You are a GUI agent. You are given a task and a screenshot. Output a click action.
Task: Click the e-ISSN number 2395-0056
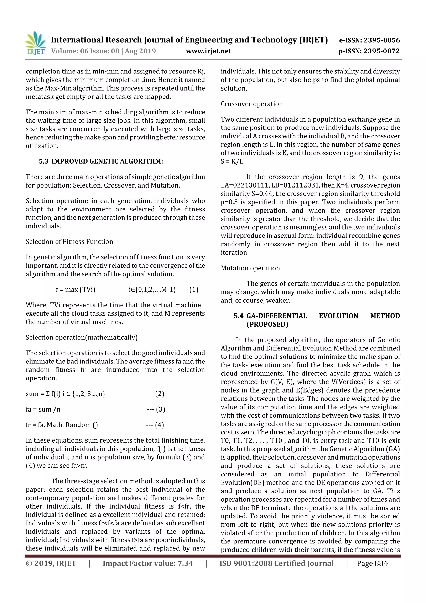pos(382,40)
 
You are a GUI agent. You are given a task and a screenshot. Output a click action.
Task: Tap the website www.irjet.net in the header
pos(208,51)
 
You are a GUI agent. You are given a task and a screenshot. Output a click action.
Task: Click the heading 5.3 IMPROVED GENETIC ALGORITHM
pos(101,161)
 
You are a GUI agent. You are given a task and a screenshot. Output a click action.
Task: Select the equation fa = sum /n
pos(43,409)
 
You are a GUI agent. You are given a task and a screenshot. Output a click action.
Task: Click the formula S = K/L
pos(232,161)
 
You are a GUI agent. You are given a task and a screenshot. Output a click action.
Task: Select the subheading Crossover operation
pos(251,104)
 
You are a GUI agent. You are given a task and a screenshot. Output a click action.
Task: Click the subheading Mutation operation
pos(250,268)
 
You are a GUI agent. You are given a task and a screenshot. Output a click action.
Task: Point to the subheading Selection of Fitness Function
pos(69,241)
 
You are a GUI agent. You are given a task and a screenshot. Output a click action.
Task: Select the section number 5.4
pos(239,316)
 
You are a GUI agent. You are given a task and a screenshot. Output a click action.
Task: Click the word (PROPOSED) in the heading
pos(267,324)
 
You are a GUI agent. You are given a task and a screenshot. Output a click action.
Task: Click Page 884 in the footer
pos(372,563)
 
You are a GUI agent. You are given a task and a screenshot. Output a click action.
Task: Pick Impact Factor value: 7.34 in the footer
pos(147,563)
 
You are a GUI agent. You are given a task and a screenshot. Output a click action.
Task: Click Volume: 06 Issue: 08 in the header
pos(85,51)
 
